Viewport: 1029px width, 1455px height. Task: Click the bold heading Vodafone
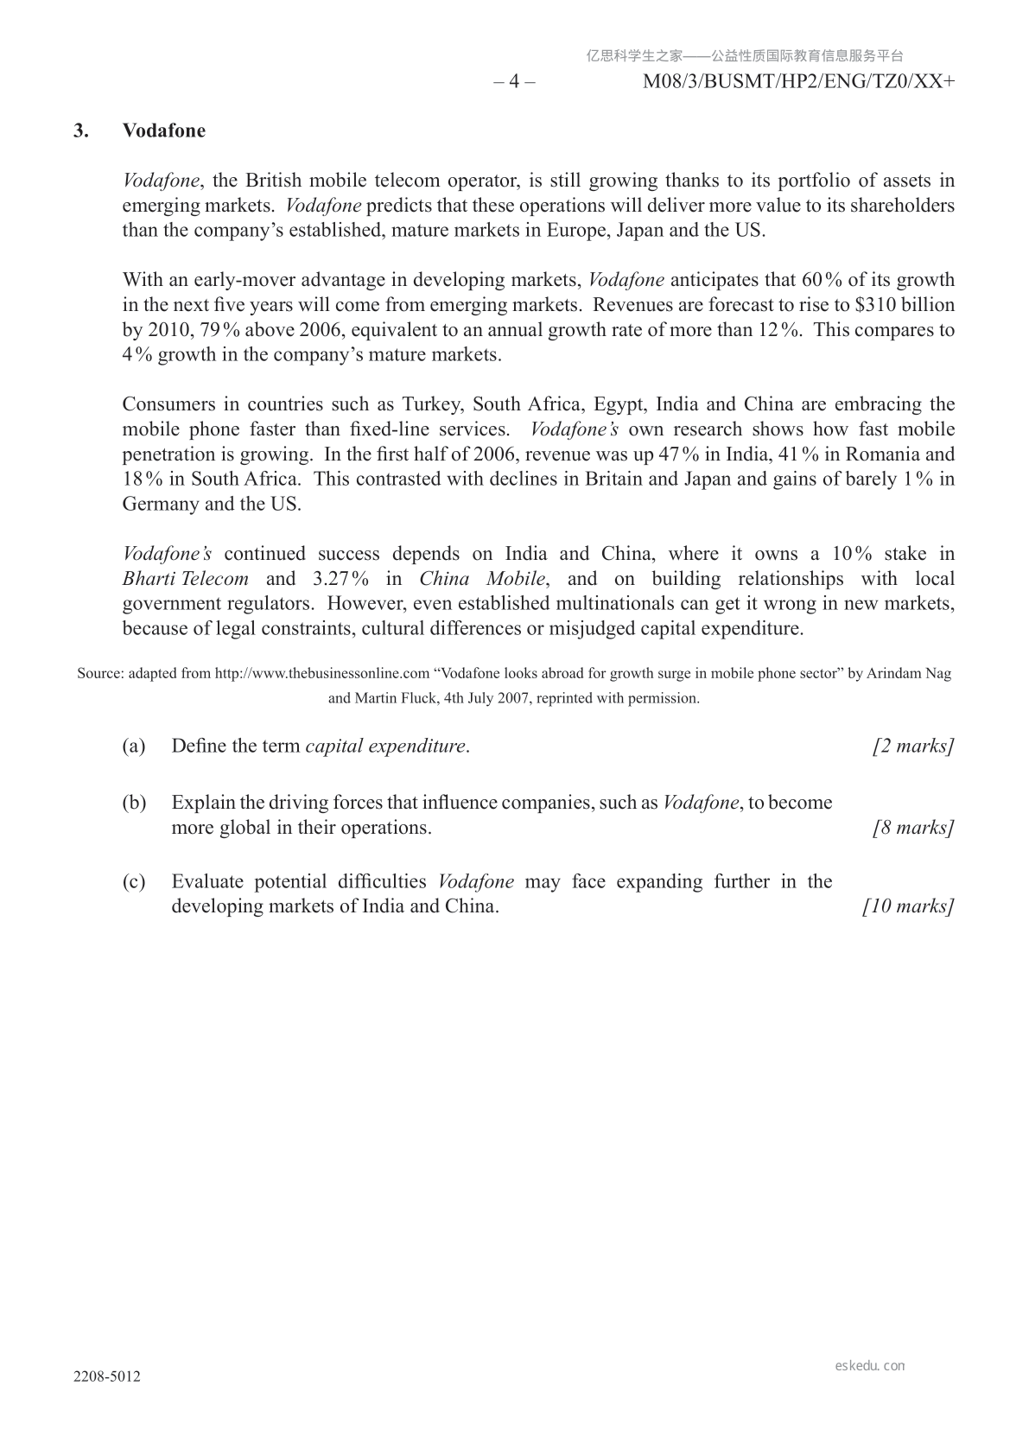[x=164, y=131]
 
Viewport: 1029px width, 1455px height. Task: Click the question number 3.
[x=80, y=131]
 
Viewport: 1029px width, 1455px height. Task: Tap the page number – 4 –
[x=514, y=82]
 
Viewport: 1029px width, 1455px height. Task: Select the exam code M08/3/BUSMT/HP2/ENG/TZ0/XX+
[x=799, y=82]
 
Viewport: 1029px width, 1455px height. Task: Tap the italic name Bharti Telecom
[x=185, y=579]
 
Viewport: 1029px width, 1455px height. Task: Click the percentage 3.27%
[x=340, y=579]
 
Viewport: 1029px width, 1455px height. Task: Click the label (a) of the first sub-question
[x=134, y=747]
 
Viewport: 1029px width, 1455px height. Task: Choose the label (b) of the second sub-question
[x=134, y=803]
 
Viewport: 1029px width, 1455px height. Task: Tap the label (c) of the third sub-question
[x=134, y=882]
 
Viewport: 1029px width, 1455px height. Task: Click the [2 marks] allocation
[x=913, y=747]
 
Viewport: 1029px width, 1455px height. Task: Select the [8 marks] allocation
[x=913, y=828]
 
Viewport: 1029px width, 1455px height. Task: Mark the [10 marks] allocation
[x=908, y=907]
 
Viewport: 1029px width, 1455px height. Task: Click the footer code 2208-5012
[x=107, y=1377]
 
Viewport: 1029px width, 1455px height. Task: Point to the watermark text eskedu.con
[x=870, y=1366]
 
